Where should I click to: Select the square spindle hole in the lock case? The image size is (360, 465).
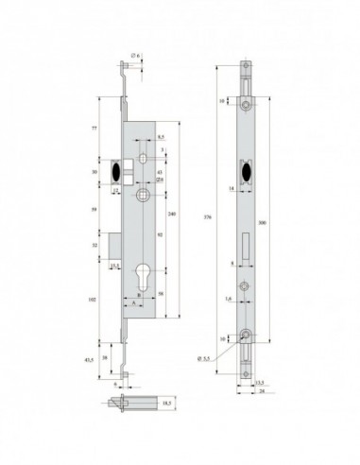pos(141,195)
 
